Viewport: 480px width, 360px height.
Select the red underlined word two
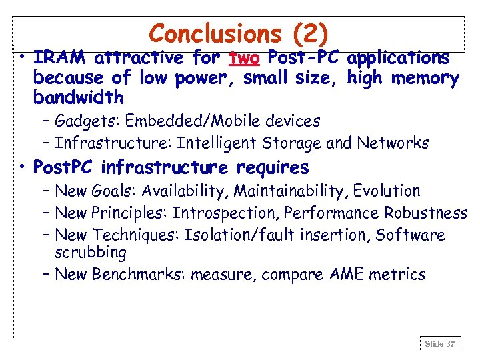[x=245, y=59]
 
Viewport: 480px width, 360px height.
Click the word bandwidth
[x=78, y=97]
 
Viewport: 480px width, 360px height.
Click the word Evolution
[x=387, y=191]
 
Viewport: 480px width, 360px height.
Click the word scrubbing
[x=91, y=253]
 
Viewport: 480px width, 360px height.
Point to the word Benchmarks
[x=138, y=275]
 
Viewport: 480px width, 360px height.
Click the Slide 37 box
[x=440, y=344]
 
